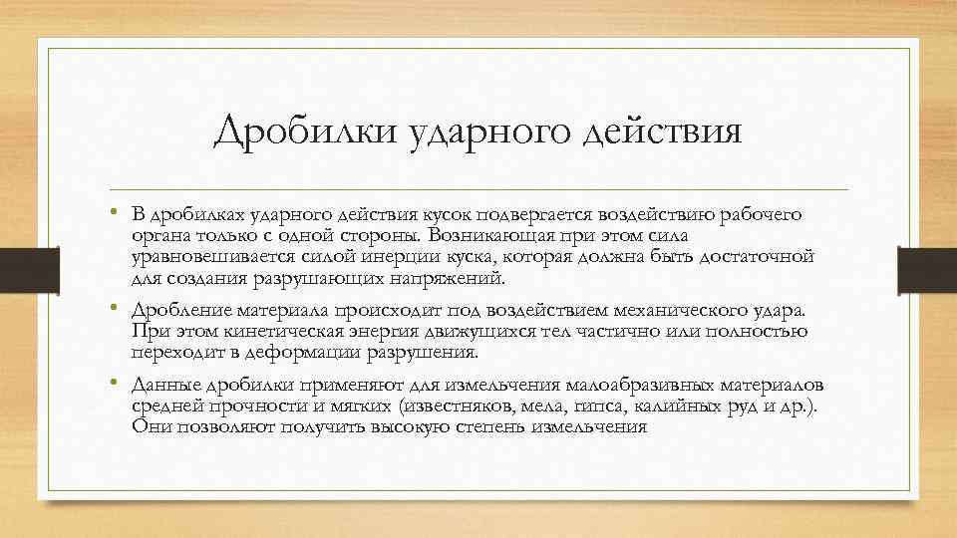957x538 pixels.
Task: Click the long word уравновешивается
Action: pyautogui.click(x=218, y=257)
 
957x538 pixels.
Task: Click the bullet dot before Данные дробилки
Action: pyautogui.click(x=116, y=384)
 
